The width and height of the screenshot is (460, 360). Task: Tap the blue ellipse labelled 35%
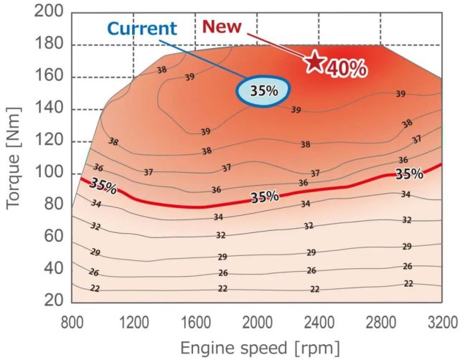tap(264, 92)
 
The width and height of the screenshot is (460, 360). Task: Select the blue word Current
tap(142, 29)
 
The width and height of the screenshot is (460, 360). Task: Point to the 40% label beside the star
tap(347, 68)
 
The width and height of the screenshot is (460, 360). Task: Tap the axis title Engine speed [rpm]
tap(257, 347)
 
